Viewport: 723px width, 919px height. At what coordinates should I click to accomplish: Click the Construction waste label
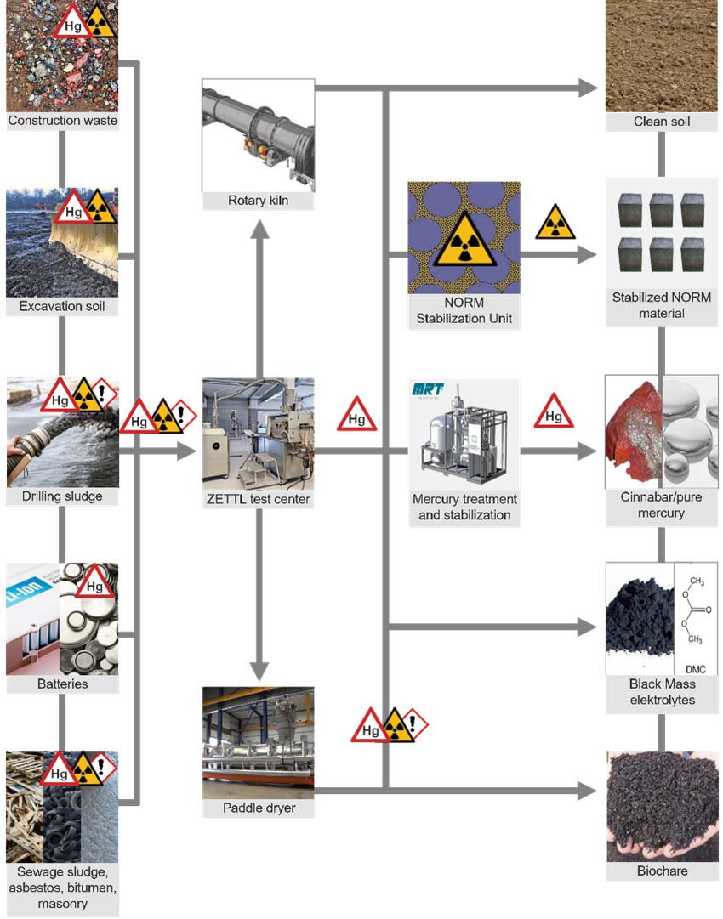coord(62,121)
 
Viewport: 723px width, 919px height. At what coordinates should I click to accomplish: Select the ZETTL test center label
coord(258,500)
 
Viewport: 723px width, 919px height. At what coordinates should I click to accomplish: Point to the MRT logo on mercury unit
coord(427,390)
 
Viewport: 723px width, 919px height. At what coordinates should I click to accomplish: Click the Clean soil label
coord(662,122)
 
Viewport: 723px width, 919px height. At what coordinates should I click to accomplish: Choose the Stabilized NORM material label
coord(662,305)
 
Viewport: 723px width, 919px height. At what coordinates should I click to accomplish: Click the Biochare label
coord(662,871)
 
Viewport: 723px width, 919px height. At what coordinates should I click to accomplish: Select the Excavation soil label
coord(62,306)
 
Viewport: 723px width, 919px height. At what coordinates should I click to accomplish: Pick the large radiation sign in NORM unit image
coord(464,240)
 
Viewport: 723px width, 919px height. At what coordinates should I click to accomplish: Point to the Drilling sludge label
coord(62,496)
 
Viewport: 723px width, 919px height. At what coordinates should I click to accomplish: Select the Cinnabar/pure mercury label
coord(662,506)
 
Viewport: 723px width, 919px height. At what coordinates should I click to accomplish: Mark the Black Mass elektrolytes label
coord(662,692)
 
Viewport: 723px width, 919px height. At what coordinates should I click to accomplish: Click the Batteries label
coord(62,684)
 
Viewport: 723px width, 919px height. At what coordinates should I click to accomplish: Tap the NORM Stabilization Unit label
coord(464,311)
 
